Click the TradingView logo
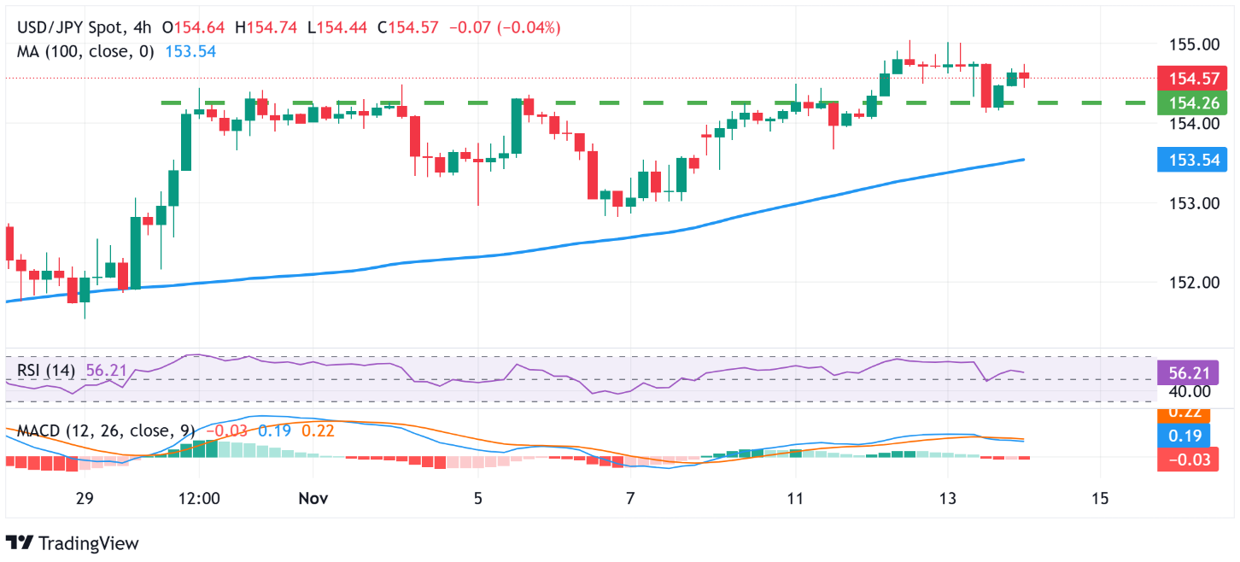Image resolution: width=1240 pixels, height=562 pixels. tap(72, 542)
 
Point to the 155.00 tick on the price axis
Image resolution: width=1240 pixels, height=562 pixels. tap(1193, 44)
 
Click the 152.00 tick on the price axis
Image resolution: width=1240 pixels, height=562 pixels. tap(1193, 283)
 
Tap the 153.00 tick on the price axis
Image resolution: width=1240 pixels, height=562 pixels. tap(1193, 203)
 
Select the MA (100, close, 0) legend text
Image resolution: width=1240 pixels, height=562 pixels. tap(85, 51)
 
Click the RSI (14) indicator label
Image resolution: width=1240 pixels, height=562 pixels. tap(46, 371)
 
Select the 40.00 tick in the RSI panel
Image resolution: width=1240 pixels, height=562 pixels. tap(1193, 391)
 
